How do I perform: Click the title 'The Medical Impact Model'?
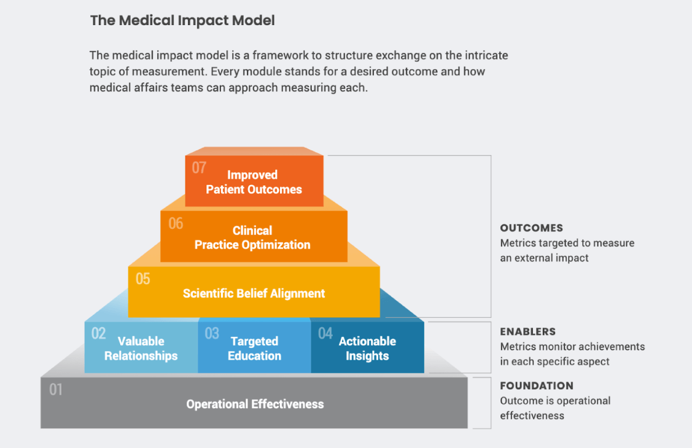[x=182, y=20]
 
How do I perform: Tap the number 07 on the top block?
[x=199, y=168]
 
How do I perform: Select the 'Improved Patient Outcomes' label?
[x=254, y=182]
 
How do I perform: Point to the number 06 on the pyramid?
[x=176, y=223]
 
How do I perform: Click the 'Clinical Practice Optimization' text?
[x=252, y=238]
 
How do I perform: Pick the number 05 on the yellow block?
[x=142, y=279]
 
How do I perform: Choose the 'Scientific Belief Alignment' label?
[x=254, y=293]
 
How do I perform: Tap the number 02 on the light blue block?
[x=98, y=334]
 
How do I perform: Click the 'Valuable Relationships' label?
[x=141, y=349]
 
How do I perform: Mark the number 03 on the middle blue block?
[x=212, y=334]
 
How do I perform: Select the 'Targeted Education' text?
[x=254, y=349]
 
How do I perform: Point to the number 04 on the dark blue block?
[x=325, y=334]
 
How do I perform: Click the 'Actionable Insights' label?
[x=367, y=349]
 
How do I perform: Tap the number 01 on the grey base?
[x=56, y=390]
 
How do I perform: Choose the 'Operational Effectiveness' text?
[x=255, y=404]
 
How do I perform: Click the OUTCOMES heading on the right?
[x=531, y=228]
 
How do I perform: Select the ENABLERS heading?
[x=527, y=332]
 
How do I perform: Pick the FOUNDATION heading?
[x=537, y=386]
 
